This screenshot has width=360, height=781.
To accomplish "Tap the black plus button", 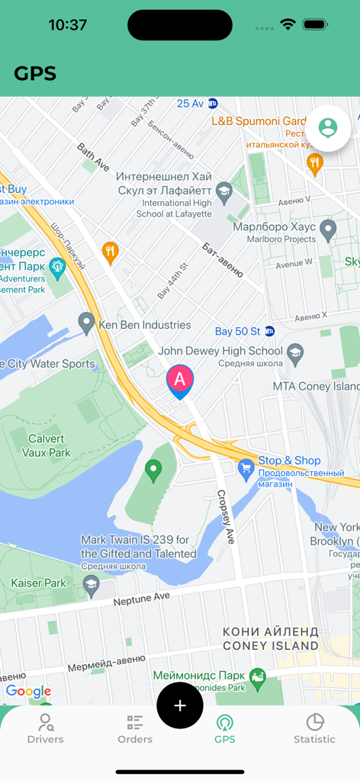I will coord(180,705).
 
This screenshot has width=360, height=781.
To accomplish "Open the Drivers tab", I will coord(46,728).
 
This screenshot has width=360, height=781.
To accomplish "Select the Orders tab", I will coord(135,728).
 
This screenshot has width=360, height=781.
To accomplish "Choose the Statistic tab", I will coord(314,728).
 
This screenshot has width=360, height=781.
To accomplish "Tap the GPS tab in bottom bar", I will coord(224,728).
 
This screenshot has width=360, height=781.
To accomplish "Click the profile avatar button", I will coord(328,127).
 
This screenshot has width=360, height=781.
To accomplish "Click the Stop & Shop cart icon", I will coord(246,469).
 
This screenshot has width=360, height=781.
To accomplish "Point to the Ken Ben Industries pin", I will coord(87,323).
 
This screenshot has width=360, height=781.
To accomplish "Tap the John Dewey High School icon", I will coord(294,353).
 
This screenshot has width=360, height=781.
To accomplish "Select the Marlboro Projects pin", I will coord(328,228).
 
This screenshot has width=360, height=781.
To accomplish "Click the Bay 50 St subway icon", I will coord(269,331).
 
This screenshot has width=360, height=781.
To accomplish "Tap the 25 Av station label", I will coord(191,103).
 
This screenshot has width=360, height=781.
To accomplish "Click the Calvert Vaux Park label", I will coord(47,445).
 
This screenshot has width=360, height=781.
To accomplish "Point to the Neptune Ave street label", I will coord(141,598).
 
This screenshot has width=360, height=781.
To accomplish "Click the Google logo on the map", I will coord(28,692).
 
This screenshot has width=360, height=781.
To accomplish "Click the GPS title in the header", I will coord(35,73).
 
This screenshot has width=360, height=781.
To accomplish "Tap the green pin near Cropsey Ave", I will coord(154,471).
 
